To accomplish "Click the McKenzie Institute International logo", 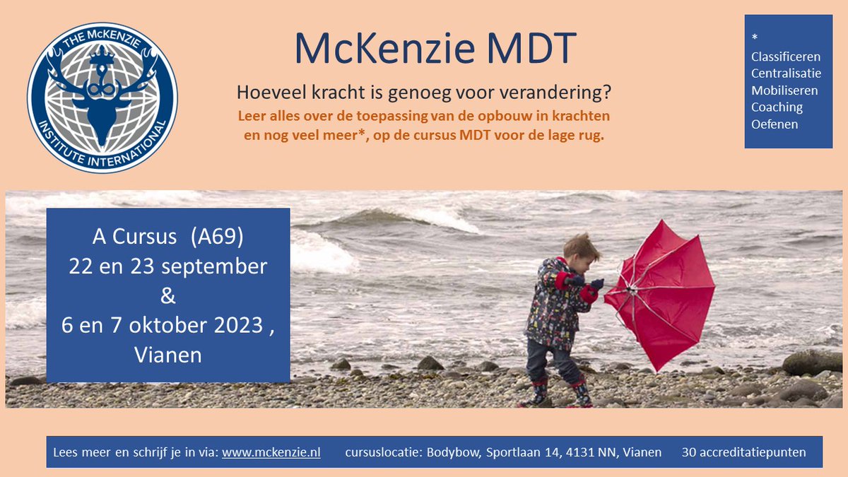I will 102,98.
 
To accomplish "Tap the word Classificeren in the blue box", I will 785,57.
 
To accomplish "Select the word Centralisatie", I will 786,73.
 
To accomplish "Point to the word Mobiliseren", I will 784,90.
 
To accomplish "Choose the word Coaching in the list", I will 777,107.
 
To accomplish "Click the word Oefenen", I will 775,124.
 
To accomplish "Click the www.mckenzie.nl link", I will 271,452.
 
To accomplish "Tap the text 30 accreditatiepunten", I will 743,452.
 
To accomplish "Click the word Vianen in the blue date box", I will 167,354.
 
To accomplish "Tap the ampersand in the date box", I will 167,295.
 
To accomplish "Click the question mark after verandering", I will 608,92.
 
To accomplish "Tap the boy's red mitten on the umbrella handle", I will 589,293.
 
